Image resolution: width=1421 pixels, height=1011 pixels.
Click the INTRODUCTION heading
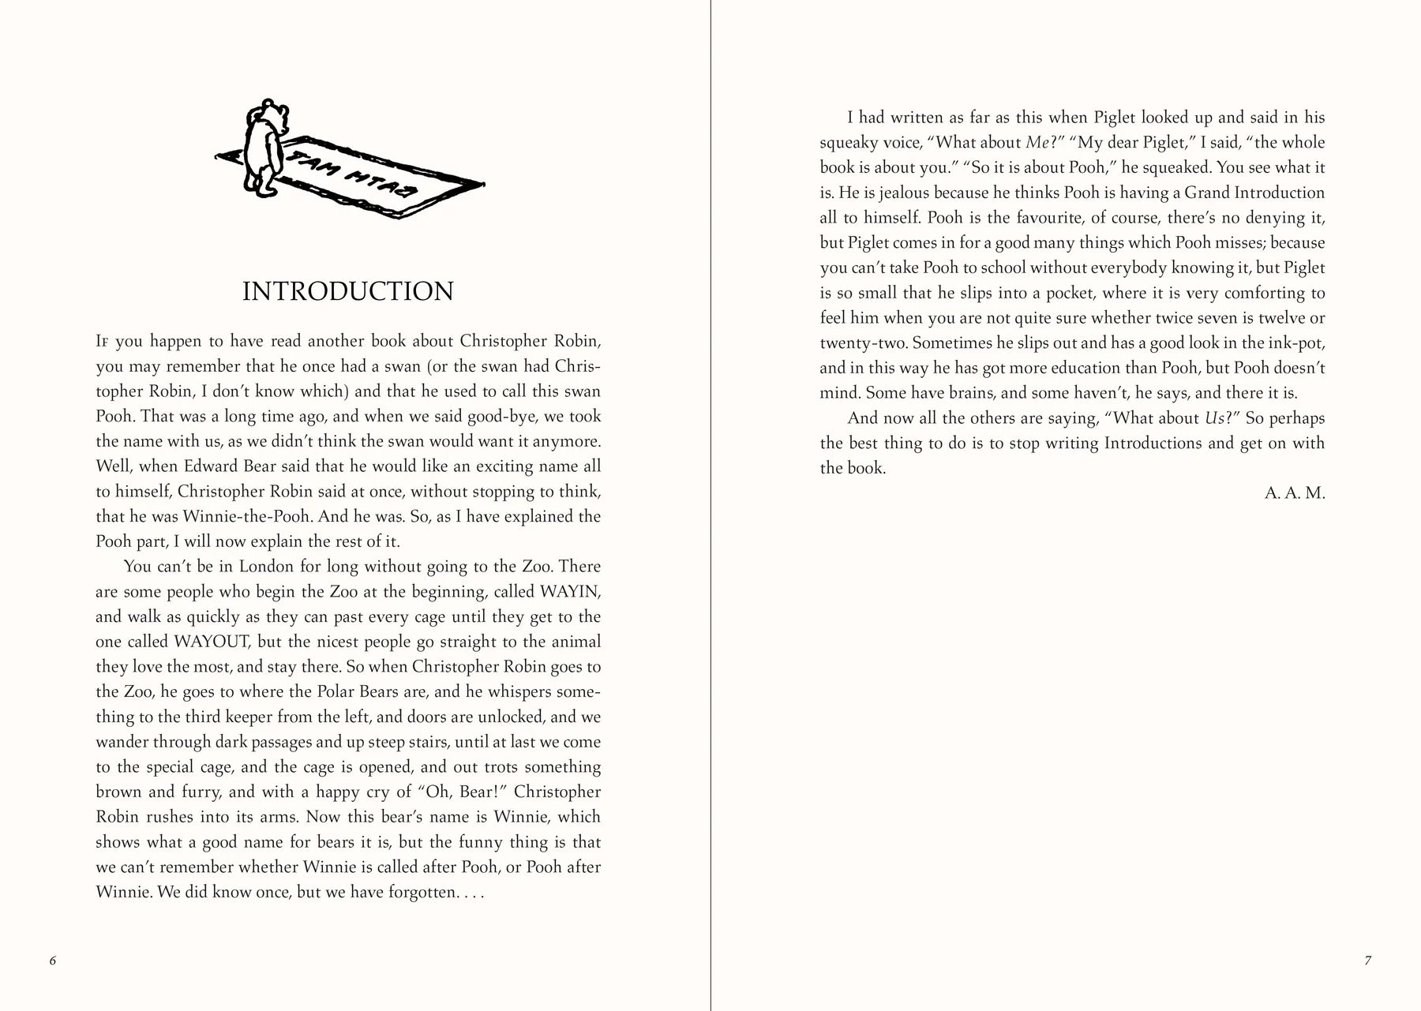pyautogui.click(x=347, y=291)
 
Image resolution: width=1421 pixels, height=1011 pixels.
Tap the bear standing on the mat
pyautogui.click(x=261, y=146)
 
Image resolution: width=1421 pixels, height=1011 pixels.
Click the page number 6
pyautogui.click(x=53, y=960)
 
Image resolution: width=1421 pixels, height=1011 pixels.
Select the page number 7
pyautogui.click(x=1367, y=960)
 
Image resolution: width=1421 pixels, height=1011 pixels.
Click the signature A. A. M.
pyautogui.click(x=1295, y=493)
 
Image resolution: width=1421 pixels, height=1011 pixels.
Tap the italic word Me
pyautogui.click(x=1035, y=143)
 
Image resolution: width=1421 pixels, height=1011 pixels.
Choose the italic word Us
pyautogui.click(x=1214, y=418)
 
